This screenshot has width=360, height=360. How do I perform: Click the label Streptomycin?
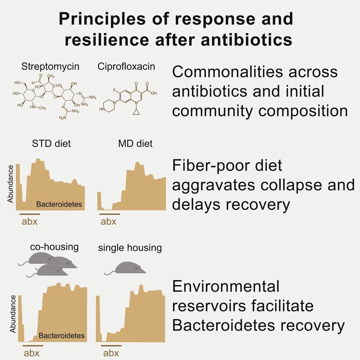coord(50,67)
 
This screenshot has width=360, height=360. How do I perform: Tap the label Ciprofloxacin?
coord(126,67)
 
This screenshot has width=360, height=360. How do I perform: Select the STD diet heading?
coord(51,144)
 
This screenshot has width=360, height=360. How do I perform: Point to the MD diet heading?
coord(136,144)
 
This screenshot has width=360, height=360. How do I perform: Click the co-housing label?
coord(55,247)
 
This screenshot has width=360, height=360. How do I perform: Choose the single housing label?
coord(130,248)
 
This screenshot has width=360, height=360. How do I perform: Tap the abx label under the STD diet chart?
coord(30,222)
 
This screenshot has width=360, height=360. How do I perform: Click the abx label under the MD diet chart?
coord(108,222)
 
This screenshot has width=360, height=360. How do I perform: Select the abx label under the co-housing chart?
coord(32,353)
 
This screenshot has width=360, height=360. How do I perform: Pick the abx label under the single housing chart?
coord(111,353)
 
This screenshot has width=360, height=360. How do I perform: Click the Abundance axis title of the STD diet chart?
coord(10,184)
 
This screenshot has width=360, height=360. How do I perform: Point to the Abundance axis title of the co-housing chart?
coord(13,314)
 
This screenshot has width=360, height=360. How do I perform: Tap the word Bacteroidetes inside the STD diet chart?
coord(59,204)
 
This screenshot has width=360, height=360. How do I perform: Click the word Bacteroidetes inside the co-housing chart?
coord(61,336)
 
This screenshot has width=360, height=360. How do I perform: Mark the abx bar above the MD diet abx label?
coord(110,214)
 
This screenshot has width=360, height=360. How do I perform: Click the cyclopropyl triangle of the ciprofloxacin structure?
coord(136,112)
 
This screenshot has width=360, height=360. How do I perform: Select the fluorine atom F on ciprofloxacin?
coord(114,91)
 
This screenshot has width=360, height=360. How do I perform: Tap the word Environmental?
coord(226,286)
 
